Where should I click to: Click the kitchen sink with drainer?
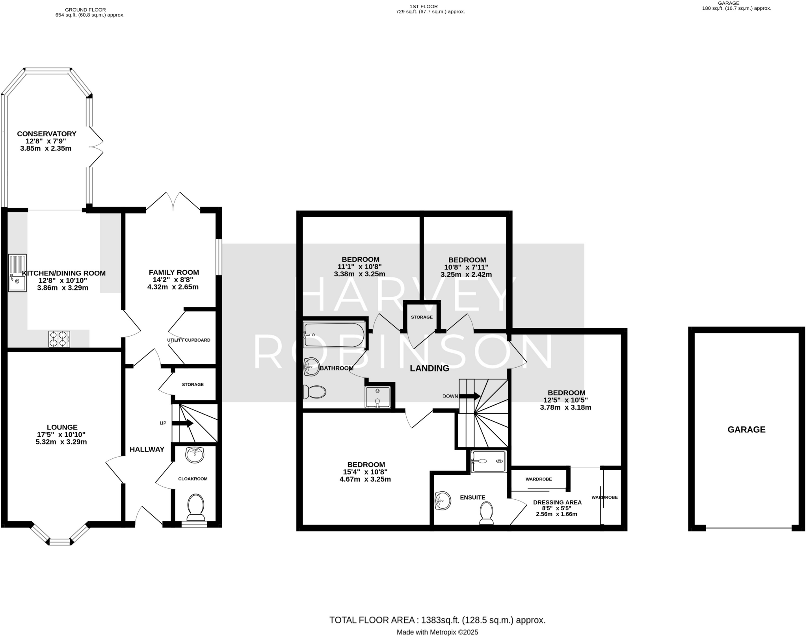pos(17,273)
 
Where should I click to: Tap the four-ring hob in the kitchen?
pos(59,339)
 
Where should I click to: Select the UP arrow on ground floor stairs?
pos(182,423)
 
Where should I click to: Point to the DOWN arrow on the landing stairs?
pos(470,396)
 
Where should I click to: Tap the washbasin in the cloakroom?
pos(195,455)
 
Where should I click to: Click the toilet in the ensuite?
pos(486,513)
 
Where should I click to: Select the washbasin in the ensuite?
pos(443,501)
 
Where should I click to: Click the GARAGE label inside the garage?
pos(746,430)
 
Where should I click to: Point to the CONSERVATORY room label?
pos(46,134)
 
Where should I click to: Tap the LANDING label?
pos(429,368)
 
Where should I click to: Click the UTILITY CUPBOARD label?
pos(188,340)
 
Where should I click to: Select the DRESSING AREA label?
pos(557,502)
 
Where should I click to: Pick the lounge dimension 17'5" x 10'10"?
pos(61,435)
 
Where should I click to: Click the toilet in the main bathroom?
pos(314,392)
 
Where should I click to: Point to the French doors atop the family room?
pos(173,201)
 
